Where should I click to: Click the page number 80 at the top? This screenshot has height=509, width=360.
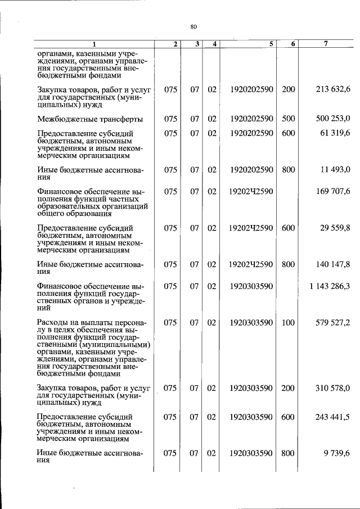point(193,26)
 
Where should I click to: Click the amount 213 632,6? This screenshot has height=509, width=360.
point(333,89)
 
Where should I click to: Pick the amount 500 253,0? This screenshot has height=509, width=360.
point(333,118)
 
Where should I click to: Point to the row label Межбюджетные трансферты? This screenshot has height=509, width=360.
point(82,119)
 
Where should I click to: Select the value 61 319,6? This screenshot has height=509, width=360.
point(335,133)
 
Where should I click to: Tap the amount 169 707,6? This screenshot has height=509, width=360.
point(333,191)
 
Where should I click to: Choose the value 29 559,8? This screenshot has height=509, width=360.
point(335,228)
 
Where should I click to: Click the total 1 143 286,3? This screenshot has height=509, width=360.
point(330,286)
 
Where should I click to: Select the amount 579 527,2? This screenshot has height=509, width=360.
point(333,323)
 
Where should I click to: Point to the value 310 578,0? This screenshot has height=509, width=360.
point(333,388)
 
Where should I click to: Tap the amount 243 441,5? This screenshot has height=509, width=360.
point(333,417)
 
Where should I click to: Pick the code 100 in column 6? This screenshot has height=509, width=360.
point(288,323)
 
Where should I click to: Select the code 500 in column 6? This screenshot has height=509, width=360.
point(288,118)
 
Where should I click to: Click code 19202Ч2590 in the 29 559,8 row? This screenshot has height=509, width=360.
point(251,228)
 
